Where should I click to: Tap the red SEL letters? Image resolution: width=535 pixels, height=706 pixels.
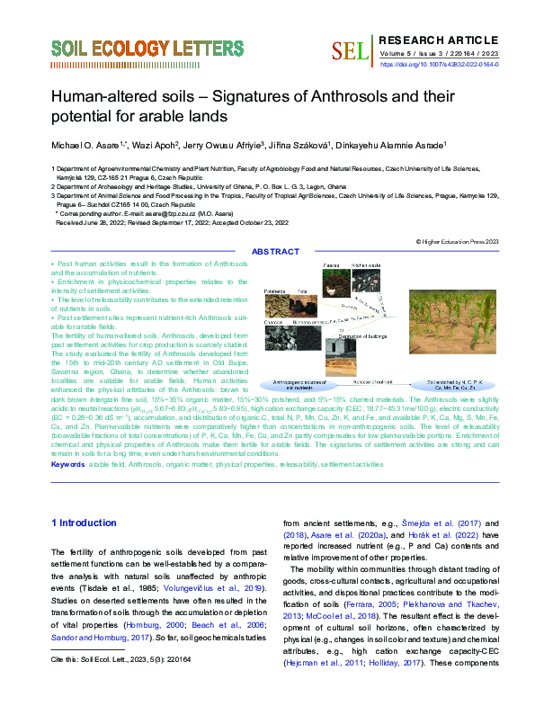[x=351, y=51]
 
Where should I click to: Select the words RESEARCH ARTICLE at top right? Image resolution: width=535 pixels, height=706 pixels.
[x=440, y=40]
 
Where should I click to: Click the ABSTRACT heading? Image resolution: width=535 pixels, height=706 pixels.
[x=276, y=252]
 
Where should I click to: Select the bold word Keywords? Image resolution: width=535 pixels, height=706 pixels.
[x=67, y=464]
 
